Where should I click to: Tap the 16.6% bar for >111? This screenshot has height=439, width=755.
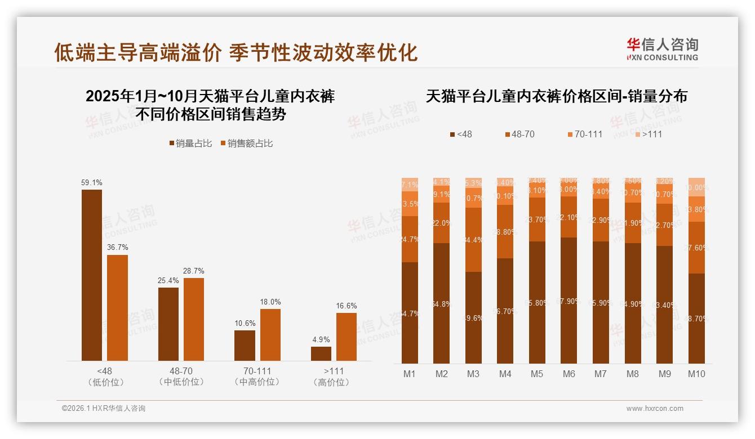pos(347,337)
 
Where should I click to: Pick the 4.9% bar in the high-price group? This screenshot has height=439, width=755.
pos(321,353)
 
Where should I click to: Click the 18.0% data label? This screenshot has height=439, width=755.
pos(270,302)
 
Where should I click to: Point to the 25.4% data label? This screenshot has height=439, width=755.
pos(168,280)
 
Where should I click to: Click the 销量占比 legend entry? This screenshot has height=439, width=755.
pos(191,144)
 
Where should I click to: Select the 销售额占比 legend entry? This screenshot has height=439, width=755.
pos(247,144)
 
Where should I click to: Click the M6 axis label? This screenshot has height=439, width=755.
pos(569,374)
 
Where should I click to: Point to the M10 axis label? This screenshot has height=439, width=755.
pos(696,374)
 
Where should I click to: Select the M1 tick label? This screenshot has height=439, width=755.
pos(410,374)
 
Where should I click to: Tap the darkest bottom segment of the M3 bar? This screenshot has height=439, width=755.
pos(473,317)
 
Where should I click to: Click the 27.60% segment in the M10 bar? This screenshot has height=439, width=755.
pos(696,248)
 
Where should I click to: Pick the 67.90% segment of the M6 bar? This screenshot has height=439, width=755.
pos(569,301)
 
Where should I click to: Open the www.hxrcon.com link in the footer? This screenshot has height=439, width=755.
pos(655,409)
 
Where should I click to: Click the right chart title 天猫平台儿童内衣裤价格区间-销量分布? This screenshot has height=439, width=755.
pos(556,96)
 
